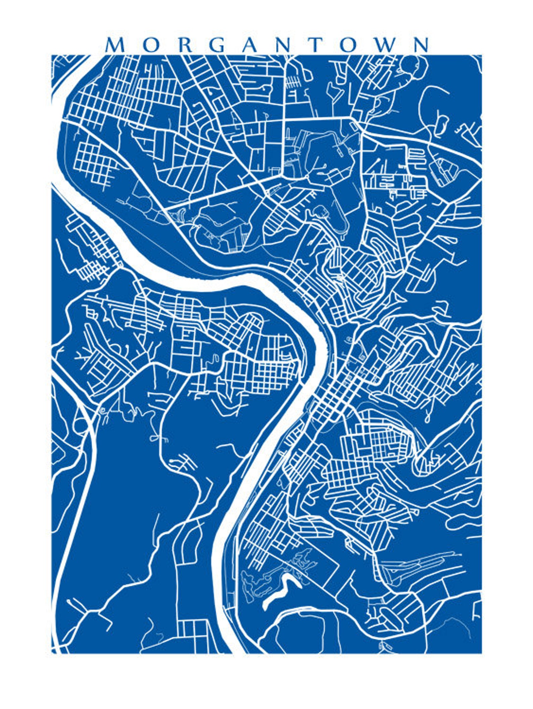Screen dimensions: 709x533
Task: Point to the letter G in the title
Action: [219, 44]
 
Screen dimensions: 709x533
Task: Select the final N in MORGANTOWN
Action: [421, 44]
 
